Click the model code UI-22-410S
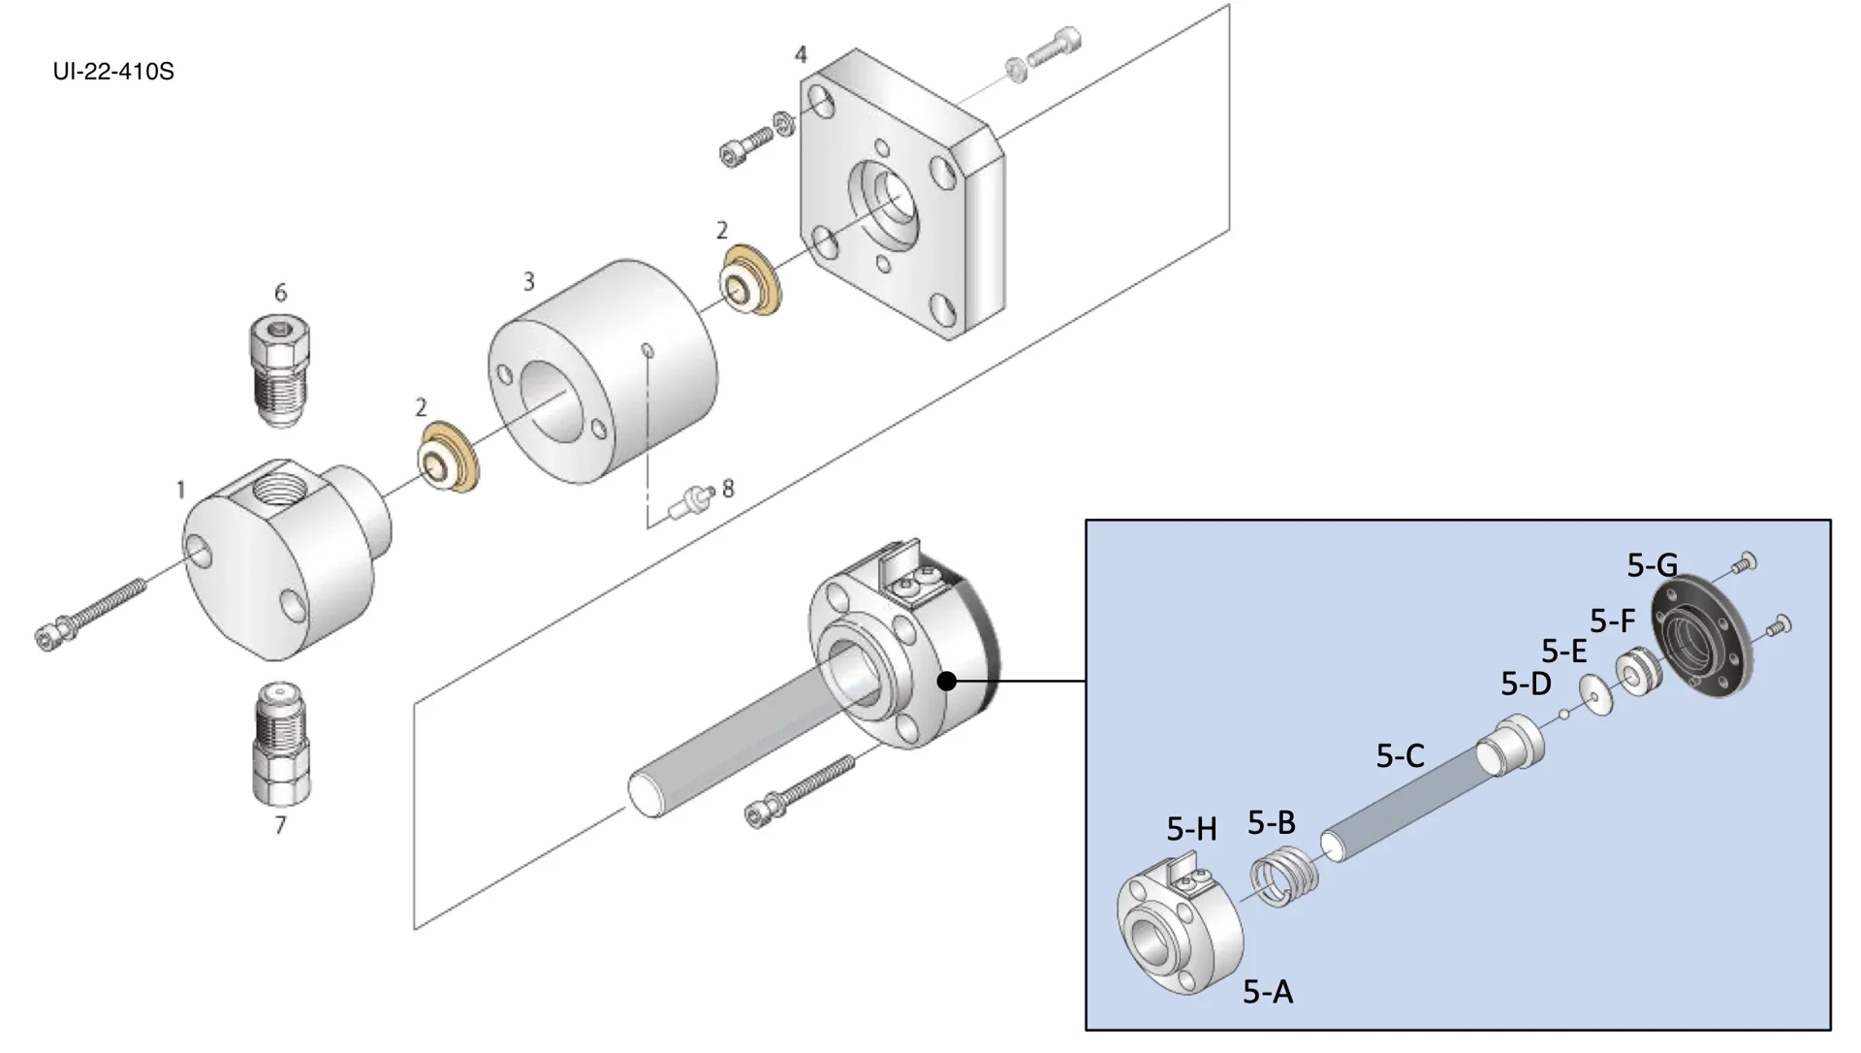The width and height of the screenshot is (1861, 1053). pos(113,72)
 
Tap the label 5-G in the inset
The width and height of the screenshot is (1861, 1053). pos(1652,565)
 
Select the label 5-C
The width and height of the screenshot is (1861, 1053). pos(1400,756)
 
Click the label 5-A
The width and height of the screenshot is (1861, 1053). pos(1268,992)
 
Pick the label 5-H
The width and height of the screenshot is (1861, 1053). pos(1191,829)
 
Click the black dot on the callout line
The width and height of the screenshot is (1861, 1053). pos(948,682)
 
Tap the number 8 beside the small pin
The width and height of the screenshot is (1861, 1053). pos(728,488)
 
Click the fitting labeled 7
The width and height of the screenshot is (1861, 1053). pos(280,742)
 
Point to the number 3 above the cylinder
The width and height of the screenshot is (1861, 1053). pos(528,282)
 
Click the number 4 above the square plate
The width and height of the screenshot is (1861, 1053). pos(801,55)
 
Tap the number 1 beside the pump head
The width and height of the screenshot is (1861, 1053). pos(180,491)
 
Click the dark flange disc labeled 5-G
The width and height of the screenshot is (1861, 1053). pos(1703,635)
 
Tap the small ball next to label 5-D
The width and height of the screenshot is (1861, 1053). pos(1563,715)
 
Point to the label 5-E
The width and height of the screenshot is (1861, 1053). pos(1563,652)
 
